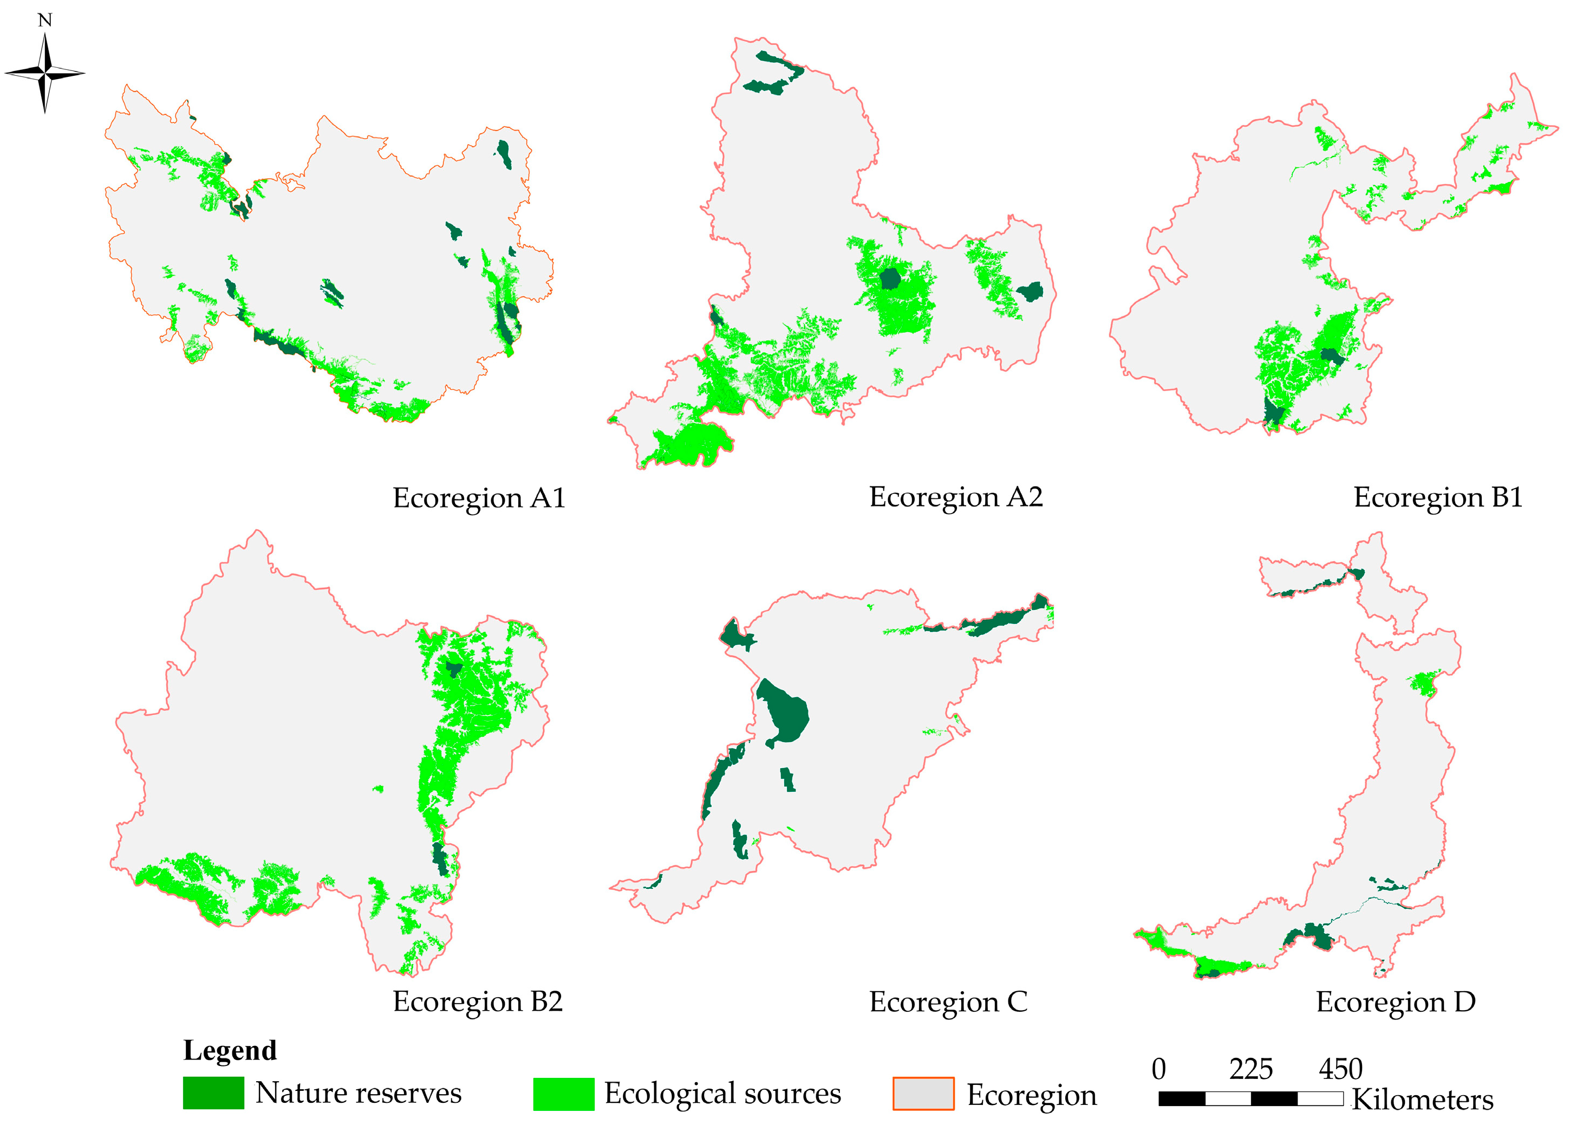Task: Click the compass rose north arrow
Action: click(x=45, y=72)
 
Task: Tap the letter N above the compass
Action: click(x=45, y=20)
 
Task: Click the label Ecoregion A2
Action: click(x=955, y=497)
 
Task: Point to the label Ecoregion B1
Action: click(x=1438, y=498)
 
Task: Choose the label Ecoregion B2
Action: click(x=477, y=1002)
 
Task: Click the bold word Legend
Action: click(x=229, y=1050)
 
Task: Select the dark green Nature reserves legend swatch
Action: click(x=213, y=1093)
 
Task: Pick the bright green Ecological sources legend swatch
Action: click(x=563, y=1094)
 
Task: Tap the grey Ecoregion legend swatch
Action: click(x=923, y=1094)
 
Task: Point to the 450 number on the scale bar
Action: click(x=1340, y=1070)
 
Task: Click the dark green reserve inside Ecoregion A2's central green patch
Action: click(x=890, y=278)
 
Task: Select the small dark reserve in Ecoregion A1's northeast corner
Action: click(x=504, y=154)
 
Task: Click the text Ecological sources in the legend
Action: click(x=722, y=1094)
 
